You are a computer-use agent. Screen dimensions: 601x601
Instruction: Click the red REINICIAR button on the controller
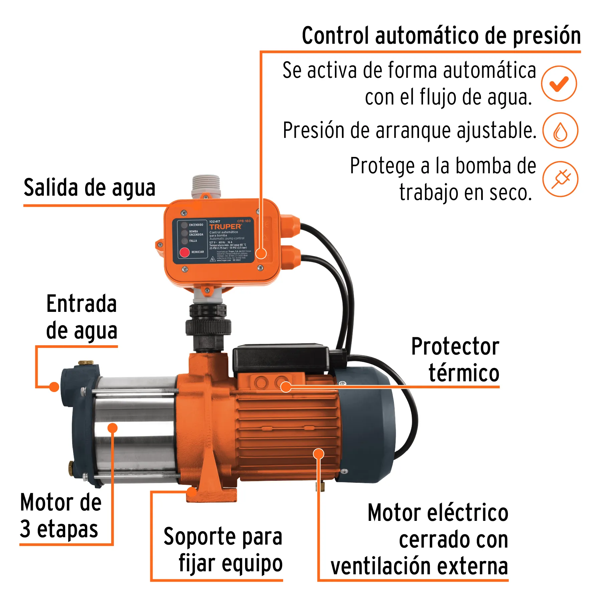[x=185, y=252]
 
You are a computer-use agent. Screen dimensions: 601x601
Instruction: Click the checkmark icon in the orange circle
[x=559, y=84]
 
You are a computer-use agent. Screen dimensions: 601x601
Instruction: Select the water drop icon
[x=560, y=131]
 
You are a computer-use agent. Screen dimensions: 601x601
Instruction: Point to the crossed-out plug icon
[x=560, y=179]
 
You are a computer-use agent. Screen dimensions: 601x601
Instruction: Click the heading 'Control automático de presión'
[x=441, y=36]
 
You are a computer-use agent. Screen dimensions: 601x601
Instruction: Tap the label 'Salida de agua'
[x=89, y=188]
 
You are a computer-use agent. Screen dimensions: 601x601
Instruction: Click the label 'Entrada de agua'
[x=82, y=317]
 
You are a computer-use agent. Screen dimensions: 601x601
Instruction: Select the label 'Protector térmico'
[x=455, y=360]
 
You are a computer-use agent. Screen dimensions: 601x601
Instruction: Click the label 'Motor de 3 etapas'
[x=60, y=516]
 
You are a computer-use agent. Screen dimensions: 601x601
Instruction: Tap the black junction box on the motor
[x=280, y=359]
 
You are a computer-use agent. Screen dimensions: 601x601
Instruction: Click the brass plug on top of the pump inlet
[x=85, y=363]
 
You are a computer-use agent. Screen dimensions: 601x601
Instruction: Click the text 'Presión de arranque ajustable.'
[x=409, y=131]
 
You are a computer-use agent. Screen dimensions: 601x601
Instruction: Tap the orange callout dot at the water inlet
[x=54, y=387]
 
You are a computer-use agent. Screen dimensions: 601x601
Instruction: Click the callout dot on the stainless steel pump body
[x=113, y=428]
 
